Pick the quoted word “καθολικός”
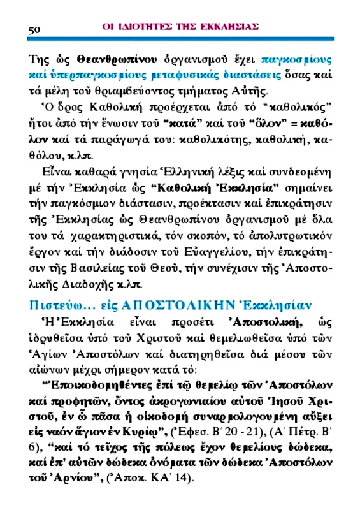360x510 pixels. [x=298, y=105]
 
